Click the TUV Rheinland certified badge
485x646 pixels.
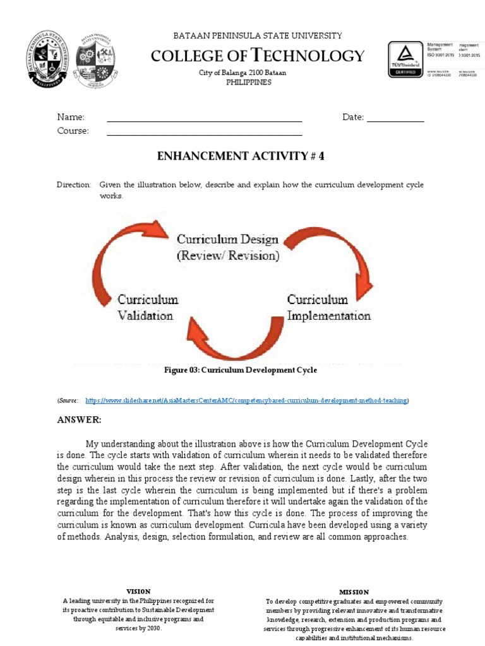tap(406, 59)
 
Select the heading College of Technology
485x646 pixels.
tap(258, 56)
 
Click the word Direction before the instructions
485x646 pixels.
tap(74, 185)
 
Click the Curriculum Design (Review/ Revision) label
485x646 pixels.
tap(227, 247)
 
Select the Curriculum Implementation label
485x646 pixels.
tap(328, 307)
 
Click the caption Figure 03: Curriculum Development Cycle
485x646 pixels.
tap(240, 370)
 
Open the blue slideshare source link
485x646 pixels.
tap(246, 401)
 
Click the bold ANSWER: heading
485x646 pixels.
tap(79, 420)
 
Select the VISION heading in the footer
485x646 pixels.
tap(138, 592)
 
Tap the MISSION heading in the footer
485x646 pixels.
tap(354, 592)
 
